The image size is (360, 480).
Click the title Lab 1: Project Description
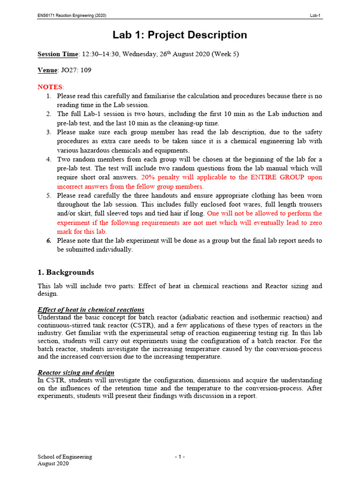[x=180, y=35]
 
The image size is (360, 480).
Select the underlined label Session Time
[x=57, y=54]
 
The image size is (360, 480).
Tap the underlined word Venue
[x=47, y=70]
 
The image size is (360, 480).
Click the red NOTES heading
[x=50, y=87]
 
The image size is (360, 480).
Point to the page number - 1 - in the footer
[x=180, y=457]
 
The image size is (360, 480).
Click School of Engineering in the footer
[x=65, y=457]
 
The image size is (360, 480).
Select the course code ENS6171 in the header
[x=47, y=15]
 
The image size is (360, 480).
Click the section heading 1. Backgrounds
[x=66, y=272]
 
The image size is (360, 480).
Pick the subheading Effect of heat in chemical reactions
[x=90, y=310]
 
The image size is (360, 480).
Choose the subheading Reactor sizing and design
[x=76, y=372]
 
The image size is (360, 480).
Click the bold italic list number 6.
[x=49, y=240]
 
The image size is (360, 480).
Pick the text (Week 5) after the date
[x=225, y=54]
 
